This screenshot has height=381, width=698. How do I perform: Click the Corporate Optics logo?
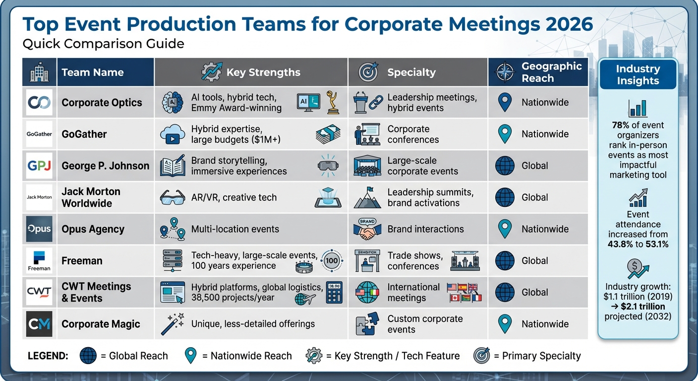pyautogui.click(x=39, y=103)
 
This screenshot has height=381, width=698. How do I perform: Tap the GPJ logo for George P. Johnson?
pyautogui.click(x=39, y=166)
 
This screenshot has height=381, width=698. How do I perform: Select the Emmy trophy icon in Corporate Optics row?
pyautogui.click(x=333, y=102)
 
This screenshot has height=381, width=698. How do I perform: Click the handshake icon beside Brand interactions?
pyautogui.click(x=367, y=229)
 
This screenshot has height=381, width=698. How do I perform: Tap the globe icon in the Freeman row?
pyautogui.click(x=505, y=260)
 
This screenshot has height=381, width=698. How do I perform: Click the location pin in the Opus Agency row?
pyautogui.click(x=505, y=229)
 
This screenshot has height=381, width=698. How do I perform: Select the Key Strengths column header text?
pyautogui.click(x=263, y=72)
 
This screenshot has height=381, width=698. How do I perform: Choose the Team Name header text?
pyautogui.click(x=93, y=72)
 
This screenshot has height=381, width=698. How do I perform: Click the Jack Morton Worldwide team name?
pyautogui.click(x=91, y=197)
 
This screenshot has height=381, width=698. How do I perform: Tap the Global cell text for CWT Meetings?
pyautogui.click(x=535, y=292)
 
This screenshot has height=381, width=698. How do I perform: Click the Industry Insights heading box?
pyautogui.click(x=638, y=75)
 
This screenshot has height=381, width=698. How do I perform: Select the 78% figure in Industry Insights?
pyautogui.click(x=622, y=126)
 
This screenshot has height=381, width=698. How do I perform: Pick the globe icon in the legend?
pyautogui.click(x=88, y=356)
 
